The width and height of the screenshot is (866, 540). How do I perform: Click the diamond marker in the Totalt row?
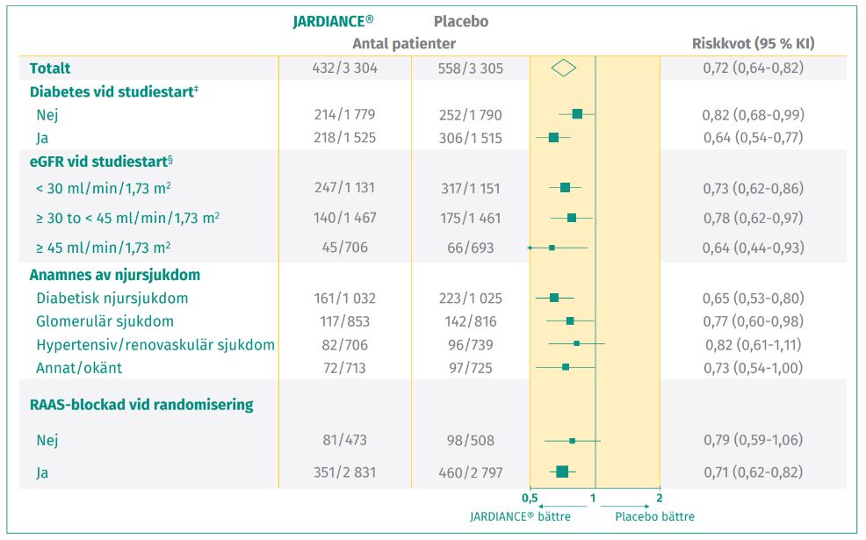click(x=564, y=68)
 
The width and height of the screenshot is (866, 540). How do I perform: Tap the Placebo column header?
click(x=461, y=21)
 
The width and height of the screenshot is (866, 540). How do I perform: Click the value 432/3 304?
click(x=345, y=68)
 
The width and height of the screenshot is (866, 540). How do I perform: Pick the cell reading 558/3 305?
click(x=471, y=68)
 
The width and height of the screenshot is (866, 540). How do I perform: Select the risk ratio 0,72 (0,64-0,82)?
click(x=753, y=68)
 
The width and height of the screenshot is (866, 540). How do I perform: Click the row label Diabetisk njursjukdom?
click(x=112, y=299)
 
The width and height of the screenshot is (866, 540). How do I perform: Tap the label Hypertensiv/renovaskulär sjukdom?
click(x=155, y=344)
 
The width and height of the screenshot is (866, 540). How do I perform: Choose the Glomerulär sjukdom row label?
click(x=105, y=321)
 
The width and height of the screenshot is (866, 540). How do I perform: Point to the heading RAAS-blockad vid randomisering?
click(x=141, y=405)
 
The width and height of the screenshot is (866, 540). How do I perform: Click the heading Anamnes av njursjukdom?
click(x=115, y=275)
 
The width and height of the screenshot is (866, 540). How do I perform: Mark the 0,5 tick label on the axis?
click(x=530, y=498)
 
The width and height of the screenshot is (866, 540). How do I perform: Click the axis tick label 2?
click(x=660, y=498)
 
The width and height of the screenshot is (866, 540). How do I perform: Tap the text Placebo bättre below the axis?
click(x=654, y=516)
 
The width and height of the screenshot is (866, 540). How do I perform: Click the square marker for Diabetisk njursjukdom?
click(x=554, y=299)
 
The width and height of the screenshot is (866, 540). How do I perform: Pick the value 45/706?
click(x=345, y=248)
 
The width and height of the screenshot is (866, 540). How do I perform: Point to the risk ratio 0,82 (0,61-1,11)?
click(x=753, y=344)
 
